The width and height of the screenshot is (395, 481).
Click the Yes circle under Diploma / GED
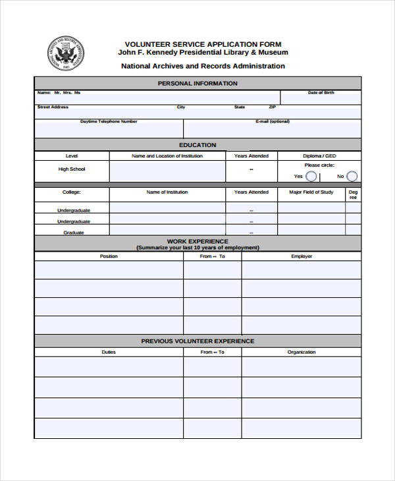tap(311, 176)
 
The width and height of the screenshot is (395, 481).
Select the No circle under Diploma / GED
tap(352, 176)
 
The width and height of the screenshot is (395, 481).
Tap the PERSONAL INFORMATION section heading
tap(197, 84)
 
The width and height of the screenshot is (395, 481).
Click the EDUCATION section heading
tap(197, 145)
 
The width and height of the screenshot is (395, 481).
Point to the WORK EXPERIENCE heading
tap(197, 242)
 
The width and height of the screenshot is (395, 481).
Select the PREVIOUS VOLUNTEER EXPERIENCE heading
tap(197, 341)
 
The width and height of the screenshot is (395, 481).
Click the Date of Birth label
tap(321, 93)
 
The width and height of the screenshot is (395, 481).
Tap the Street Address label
tap(53, 107)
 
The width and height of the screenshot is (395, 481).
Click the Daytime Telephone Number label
tap(109, 121)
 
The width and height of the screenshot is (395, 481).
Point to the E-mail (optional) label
tap(272, 121)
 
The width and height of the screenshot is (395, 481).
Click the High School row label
tap(72, 169)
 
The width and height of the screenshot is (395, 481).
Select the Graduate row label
tap(72, 233)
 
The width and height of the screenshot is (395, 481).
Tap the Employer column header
tap(302, 256)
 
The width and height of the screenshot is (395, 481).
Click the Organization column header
tap(302, 352)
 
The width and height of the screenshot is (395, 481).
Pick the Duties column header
tap(109, 352)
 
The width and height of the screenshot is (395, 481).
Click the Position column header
tap(109, 256)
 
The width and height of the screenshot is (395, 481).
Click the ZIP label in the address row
tap(273, 107)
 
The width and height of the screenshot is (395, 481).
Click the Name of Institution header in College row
tap(167, 192)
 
